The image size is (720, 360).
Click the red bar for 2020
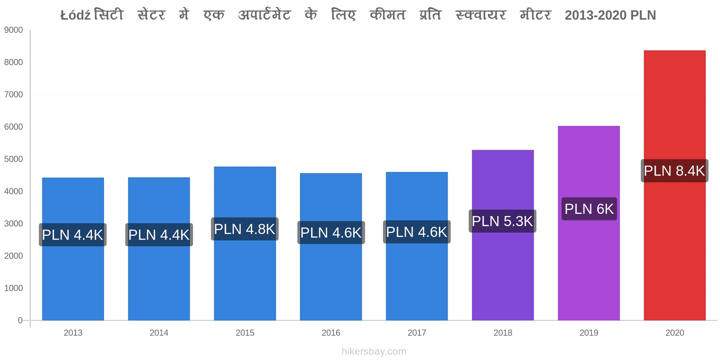(675, 185)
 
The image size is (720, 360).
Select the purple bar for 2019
(589, 223)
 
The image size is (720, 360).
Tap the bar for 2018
(503, 235)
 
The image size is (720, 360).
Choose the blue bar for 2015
(245, 243)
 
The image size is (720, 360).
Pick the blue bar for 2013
(73, 249)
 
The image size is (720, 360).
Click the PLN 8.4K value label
(675, 171)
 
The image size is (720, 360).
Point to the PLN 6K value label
(589, 209)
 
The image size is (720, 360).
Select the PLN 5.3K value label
(502, 221)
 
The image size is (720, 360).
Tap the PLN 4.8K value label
(245, 229)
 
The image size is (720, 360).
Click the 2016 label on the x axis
(331, 333)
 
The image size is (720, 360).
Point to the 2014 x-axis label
(159, 333)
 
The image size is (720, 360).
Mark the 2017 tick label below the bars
(417, 333)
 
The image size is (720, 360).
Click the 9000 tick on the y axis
(13, 30)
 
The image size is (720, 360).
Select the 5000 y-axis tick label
(13, 159)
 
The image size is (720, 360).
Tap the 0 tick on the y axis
(20, 320)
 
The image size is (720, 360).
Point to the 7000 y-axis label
(13, 94)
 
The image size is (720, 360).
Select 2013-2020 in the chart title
(596, 15)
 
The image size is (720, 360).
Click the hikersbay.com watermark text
(374, 351)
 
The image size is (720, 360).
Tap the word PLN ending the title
(643, 15)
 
